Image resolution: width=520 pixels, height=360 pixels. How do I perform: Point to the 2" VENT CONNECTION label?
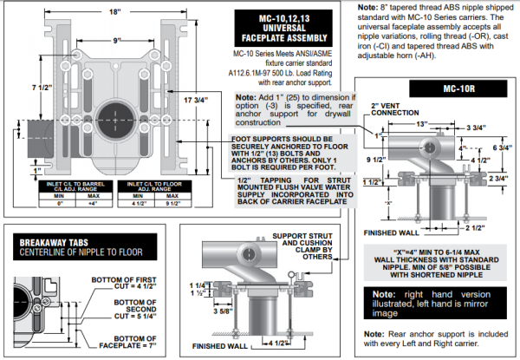pyautogui.click(x=363, y=111)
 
